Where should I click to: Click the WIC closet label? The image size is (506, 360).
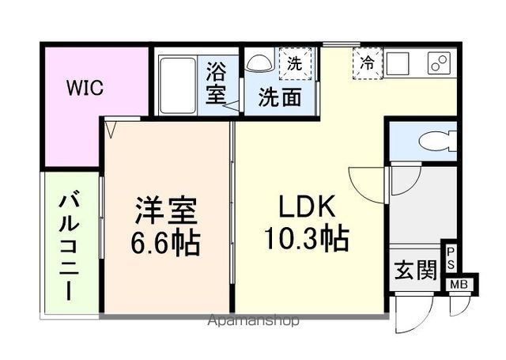pyautogui.click(x=85, y=87)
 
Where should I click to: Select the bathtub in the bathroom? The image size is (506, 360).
pyautogui.click(x=178, y=85)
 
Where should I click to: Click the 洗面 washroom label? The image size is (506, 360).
pyautogui.click(x=280, y=97)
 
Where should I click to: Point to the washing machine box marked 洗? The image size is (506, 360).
pyautogui.click(x=295, y=63)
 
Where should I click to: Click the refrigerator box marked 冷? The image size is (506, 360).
pyautogui.click(x=367, y=63)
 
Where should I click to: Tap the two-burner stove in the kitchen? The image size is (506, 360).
pyautogui.click(x=439, y=63)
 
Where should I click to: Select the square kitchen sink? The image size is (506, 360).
pyautogui.click(x=398, y=63)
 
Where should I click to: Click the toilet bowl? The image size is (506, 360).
pyautogui.click(x=437, y=141)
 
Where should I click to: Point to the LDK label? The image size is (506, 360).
pyautogui.click(x=307, y=207)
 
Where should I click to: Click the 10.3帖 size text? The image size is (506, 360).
pyautogui.click(x=307, y=239)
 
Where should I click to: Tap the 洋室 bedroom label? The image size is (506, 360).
pyautogui.click(x=166, y=210)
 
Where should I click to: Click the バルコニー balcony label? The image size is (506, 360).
pyautogui.click(x=69, y=247)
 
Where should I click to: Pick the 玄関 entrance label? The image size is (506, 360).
pyautogui.click(x=416, y=270)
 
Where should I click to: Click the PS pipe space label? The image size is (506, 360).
pyautogui.click(x=450, y=259)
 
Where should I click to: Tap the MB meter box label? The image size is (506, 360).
pyautogui.click(x=459, y=285)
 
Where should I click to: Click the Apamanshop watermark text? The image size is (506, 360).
pyautogui.click(x=253, y=320)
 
